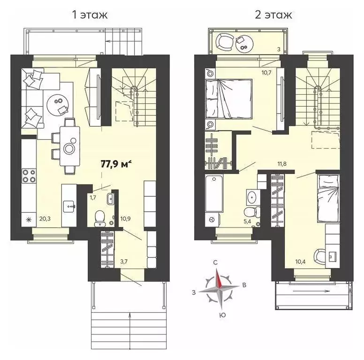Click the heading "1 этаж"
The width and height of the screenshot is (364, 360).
pos(89,15)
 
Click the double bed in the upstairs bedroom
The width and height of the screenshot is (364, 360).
pos(229,100)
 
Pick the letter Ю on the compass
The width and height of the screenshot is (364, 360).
pos(222,315)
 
